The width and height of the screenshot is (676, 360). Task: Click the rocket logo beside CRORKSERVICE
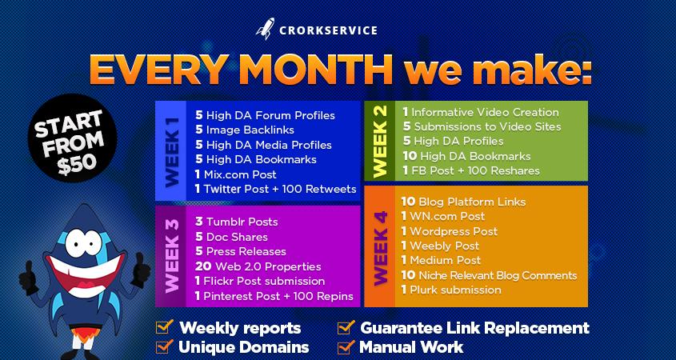click(x=265, y=32)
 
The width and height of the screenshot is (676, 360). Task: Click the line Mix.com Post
click(x=236, y=174)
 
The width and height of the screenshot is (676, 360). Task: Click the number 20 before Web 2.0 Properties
click(x=202, y=266)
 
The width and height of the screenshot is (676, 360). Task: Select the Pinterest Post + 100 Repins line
click(x=274, y=295)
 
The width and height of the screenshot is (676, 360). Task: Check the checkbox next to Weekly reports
click(x=163, y=328)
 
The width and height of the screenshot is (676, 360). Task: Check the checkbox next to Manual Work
click(x=346, y=347)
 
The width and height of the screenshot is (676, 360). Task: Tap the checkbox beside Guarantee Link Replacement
click(x=346, y=328)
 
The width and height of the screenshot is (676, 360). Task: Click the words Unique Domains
click(x=244, y=347)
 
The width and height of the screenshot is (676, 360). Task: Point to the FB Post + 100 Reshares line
click(x=470, y=170)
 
